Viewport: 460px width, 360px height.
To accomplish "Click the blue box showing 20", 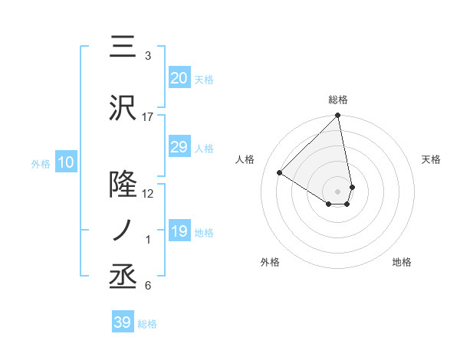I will (x=179, y=78).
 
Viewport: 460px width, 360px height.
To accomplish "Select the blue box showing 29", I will (x=179, y=147).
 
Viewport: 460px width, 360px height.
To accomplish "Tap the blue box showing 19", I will (x=179, y=231).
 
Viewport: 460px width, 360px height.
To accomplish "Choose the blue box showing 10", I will (x=65, y=162).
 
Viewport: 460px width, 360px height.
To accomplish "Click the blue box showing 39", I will (x=122, y=322).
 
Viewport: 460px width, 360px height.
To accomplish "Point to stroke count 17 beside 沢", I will (x=148, y=117).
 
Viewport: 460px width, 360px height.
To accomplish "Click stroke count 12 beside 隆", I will (x=148, y=193).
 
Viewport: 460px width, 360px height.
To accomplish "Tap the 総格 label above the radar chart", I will (x=338, y=100).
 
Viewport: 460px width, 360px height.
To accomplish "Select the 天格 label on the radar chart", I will (x=432, y=159).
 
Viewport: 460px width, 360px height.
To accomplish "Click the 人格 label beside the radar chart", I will (x=245, y=159).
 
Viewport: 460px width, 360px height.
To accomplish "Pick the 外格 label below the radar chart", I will (x=269, y=263).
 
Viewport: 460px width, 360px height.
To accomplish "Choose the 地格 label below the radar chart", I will (x=402, y=263).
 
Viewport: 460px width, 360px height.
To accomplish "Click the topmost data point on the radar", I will (x=337, y=116).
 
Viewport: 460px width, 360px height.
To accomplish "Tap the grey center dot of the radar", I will (x=338, y=190).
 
